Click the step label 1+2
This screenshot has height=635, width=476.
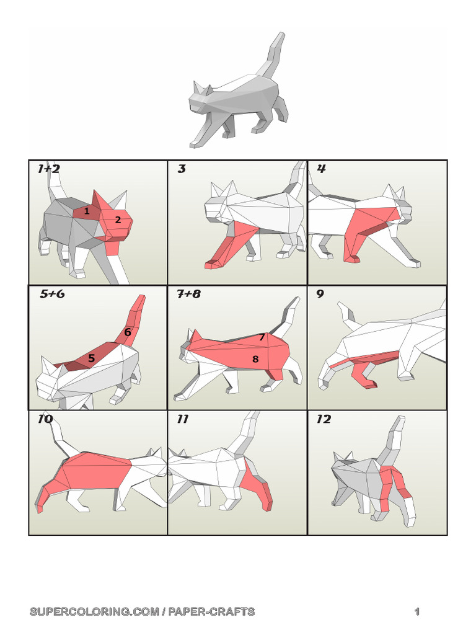click(x=48, y=169)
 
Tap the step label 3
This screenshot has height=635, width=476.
click(x=182, y=169)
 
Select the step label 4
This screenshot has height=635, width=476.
click(x=321, y=169)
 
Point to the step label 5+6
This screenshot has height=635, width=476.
click(x=52, y=294)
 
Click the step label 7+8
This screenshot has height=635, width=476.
click(x=188, y=294)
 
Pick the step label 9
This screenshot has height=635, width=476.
click(x=320, y=294)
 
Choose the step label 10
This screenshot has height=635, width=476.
click(x=45, y=419)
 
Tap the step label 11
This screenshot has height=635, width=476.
click(x=182, y=419)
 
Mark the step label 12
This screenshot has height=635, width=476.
click(x=324, y=419)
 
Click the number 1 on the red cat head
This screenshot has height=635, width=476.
click(x=87, y=211)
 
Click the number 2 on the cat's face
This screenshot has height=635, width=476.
click(x=117, y=220)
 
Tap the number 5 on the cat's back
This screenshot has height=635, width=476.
click(x=91, y=358)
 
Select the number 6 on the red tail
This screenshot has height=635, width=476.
click(x=127, y=332)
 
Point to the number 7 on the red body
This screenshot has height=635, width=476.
click(x=262, y=337)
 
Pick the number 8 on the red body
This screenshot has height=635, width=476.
click(x=255, y=358)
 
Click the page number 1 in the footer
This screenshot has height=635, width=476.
click(x=417, y=612)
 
